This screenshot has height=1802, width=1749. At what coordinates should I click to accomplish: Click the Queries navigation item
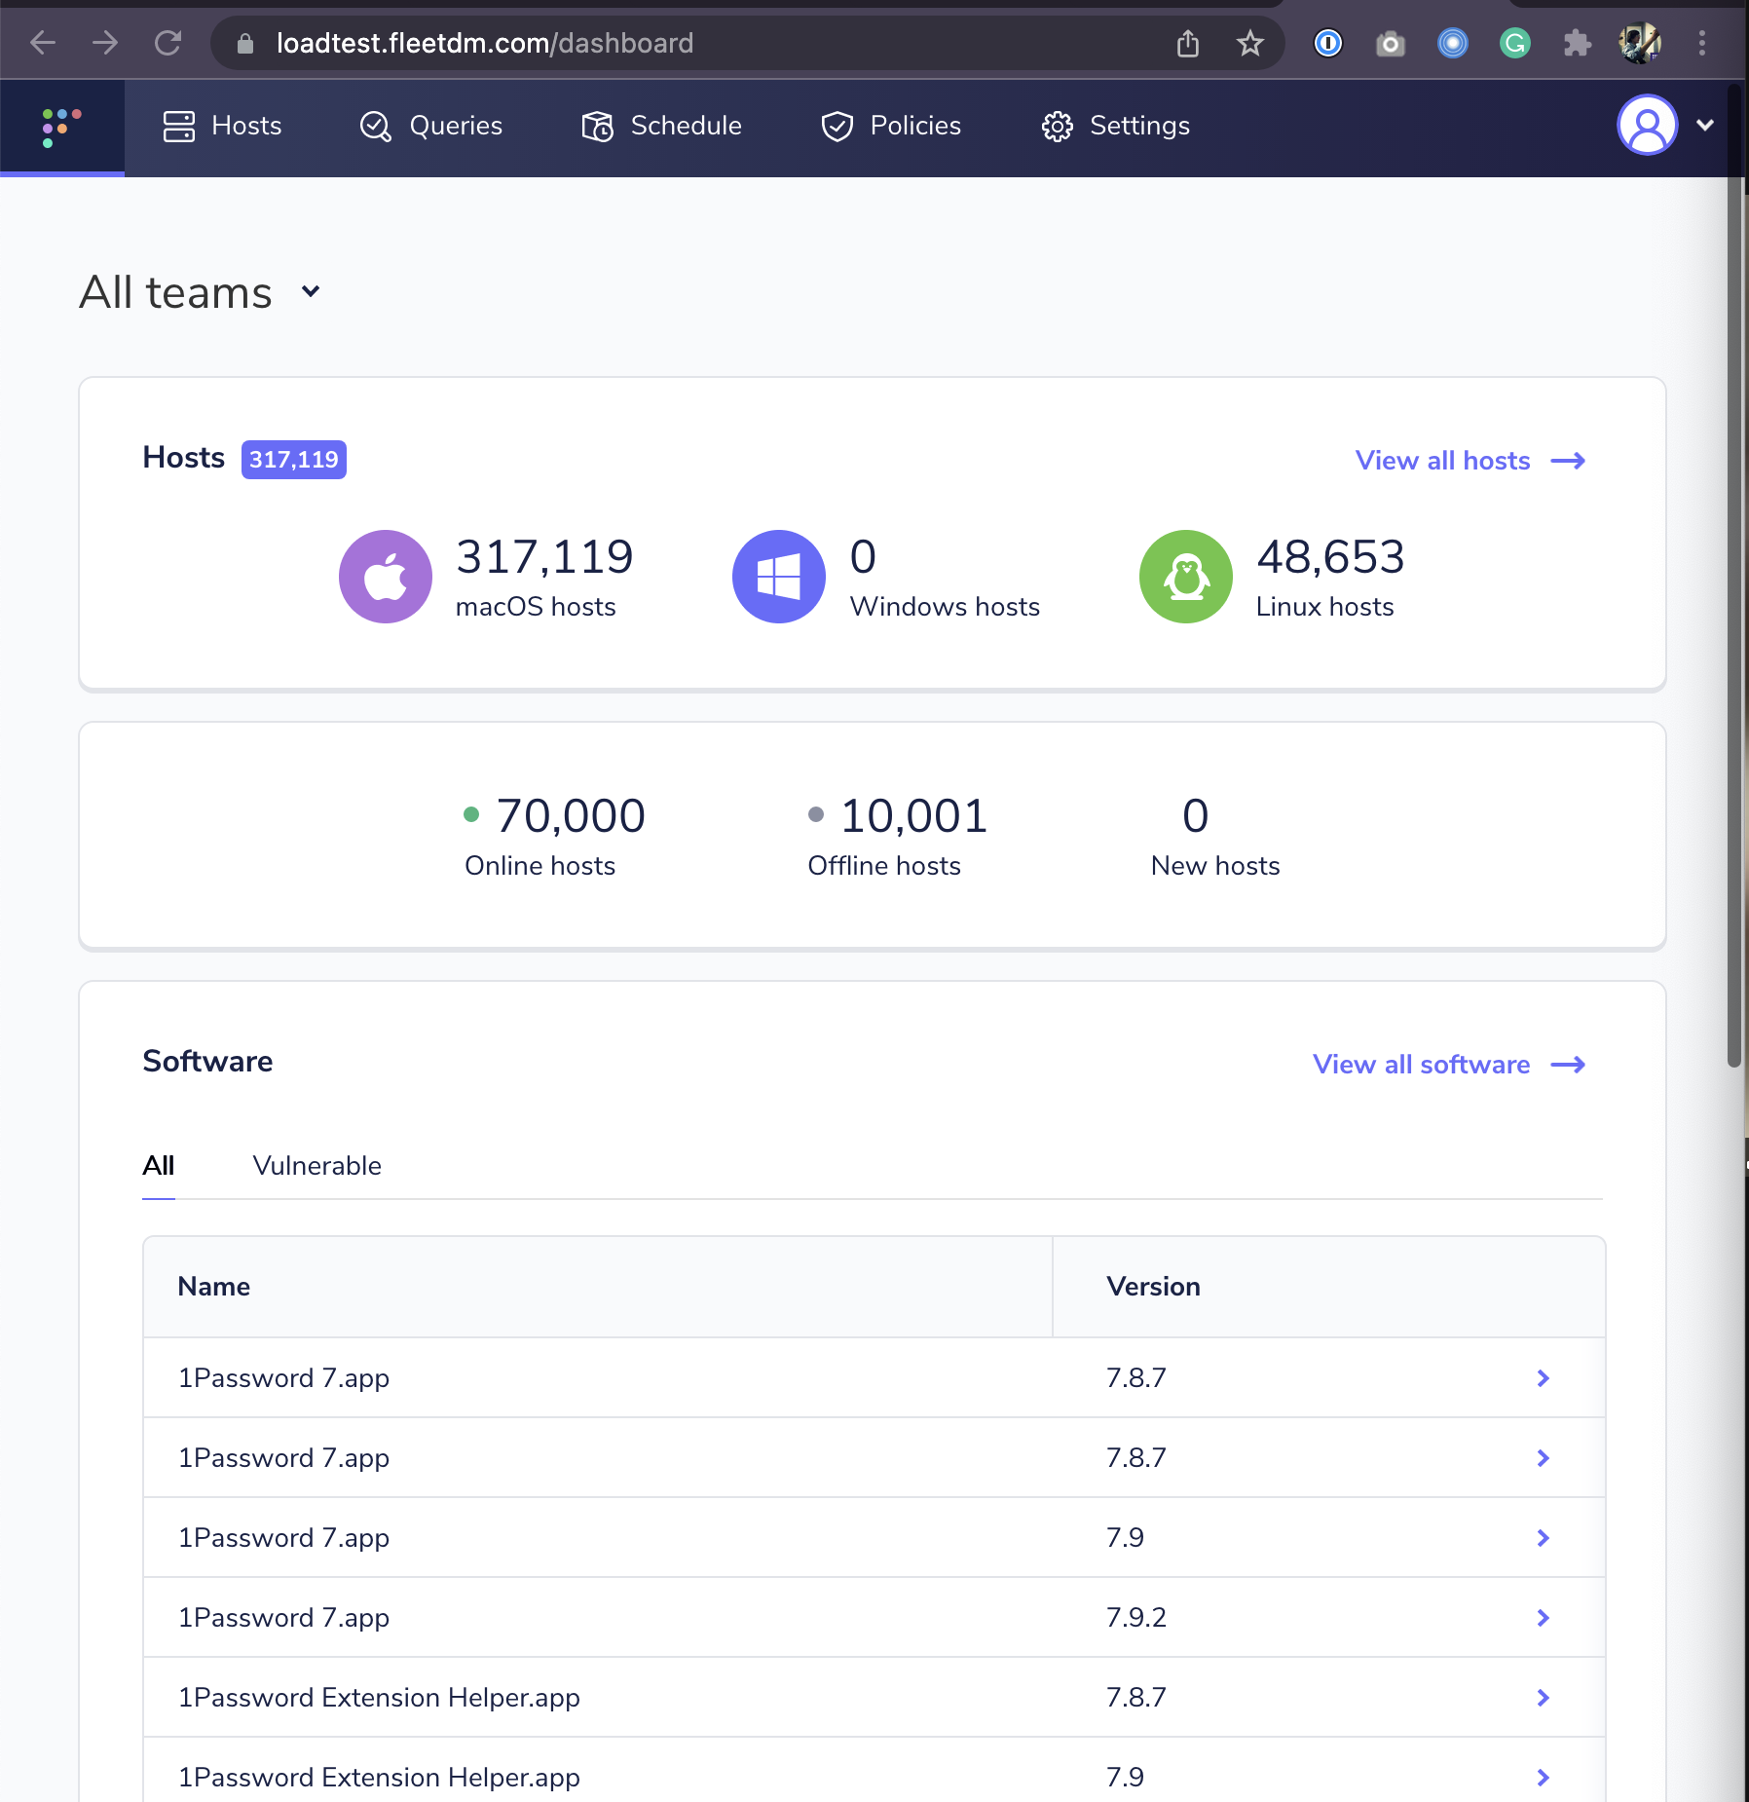point(430,126)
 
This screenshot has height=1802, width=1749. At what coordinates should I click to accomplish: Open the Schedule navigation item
point(661,126)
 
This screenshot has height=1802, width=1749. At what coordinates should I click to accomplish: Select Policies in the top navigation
point(891,126)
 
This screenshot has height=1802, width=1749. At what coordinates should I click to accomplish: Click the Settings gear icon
point(1057,127)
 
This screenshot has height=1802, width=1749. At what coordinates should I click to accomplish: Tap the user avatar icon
point(1646,125)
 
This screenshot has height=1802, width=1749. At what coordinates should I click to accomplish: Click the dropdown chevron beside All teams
point(311,291)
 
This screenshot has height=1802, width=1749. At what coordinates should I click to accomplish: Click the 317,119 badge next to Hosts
point(293,459)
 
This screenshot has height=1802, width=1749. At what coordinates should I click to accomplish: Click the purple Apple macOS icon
point(386,577)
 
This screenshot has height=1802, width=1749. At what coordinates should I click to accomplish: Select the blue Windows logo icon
point(778,577)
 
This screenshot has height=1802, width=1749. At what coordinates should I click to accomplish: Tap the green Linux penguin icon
point(1185,577)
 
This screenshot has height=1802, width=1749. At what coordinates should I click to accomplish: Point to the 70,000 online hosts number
point(570,815)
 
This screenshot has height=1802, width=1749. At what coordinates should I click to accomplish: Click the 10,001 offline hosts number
point(913,815)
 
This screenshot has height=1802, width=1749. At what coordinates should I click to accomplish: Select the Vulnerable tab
point(316,1166)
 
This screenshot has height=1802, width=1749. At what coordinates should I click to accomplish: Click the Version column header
point(1153,1287)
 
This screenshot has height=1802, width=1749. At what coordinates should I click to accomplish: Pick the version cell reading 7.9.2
point(1135,1618)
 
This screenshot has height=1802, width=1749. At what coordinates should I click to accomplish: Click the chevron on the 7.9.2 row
point(1543,1618)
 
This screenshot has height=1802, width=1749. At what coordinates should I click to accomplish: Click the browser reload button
point(167,43)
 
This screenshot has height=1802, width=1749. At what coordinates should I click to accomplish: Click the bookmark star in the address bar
point(1249,43)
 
